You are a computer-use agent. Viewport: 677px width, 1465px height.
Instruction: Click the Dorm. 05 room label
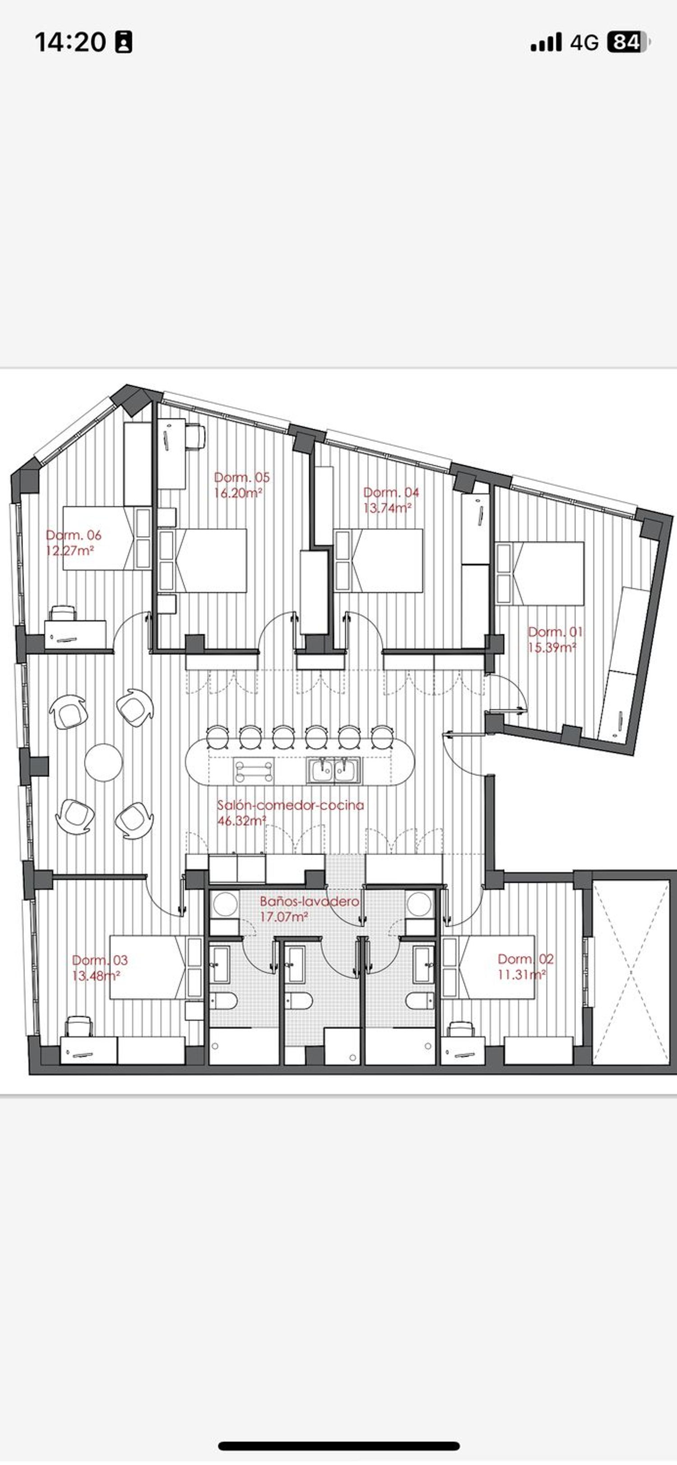coord(242,477)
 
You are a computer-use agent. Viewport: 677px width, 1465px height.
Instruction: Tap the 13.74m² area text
coord(387,508)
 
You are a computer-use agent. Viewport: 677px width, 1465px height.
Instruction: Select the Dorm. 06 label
coord(74,535)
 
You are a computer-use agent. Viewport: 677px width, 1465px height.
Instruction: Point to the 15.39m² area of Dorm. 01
coord(552,647)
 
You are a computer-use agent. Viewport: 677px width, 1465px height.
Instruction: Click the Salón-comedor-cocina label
coord(291,805)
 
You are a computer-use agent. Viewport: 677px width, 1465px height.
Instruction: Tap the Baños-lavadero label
coord(310,901)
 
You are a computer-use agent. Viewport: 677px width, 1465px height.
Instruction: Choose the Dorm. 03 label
coord(100,961)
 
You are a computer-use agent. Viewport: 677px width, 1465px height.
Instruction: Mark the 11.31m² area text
coord(522,975)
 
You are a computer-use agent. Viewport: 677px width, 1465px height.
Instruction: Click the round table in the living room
coord(103,763)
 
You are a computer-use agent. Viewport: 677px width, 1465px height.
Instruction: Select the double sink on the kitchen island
coord(334,771)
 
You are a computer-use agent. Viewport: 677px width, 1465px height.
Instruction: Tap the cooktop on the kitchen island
coord(253,771)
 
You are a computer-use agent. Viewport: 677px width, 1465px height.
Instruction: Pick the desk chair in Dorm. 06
coord(63,613)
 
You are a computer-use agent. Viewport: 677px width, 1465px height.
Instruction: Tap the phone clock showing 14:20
coord(70,42)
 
